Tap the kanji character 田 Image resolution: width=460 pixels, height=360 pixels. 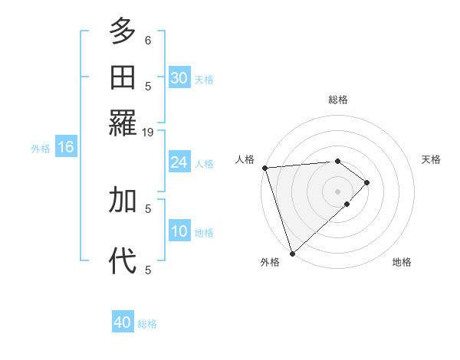123,77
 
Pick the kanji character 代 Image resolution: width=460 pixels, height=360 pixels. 123,260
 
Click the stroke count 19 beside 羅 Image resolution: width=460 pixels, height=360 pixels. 148,132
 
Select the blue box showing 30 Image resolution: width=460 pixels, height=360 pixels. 179,77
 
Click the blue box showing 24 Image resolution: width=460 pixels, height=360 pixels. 179,162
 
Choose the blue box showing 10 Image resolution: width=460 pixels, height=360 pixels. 179,231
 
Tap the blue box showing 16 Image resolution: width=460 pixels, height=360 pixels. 66,147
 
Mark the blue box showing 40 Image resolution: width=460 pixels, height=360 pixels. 123,322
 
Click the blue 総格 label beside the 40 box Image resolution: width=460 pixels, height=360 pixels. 147,324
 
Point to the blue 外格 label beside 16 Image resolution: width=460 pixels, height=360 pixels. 41,149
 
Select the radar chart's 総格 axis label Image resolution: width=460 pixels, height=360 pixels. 338,100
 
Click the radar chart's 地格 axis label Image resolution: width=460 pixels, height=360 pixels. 402,262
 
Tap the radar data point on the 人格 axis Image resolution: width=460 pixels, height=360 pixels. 264,167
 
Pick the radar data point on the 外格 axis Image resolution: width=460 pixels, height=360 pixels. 292,253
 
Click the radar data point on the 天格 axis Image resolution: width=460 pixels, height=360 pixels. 367,182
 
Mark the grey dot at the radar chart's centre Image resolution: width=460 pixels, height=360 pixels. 338,191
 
